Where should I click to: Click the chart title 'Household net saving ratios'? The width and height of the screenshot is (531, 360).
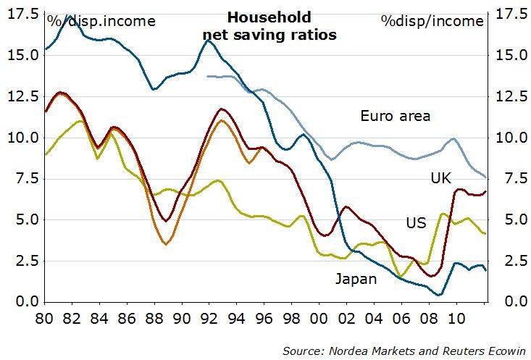pyautogui.click(x=269, y=26)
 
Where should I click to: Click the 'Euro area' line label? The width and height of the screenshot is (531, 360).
pyautogui.click(x=396, y=116)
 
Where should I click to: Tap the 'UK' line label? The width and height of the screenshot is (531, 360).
pyautogui.click(x=440, y=177)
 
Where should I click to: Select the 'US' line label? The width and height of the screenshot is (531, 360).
pyautogui.click(x=416, y=222)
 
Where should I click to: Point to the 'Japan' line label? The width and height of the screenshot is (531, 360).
pyautogui.click(x=355, y=279)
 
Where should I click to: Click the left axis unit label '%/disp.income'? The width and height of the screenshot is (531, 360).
pyautogui.click(x=101, y=20)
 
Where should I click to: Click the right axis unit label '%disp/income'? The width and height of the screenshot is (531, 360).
pyautogui.click(x=432, y=20)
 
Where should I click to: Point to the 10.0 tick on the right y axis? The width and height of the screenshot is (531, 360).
pyautogui.click(x=509, y=138)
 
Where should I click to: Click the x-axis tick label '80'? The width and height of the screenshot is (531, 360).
pyautogui.click(x=45, y=318)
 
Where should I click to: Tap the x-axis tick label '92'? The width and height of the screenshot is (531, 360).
pyautogui.click(x=208, y=318)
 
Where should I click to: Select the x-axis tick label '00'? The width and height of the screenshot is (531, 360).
pyautogui.click(x=317, y=318)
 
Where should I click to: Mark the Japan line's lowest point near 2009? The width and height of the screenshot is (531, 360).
pyautogui.click(x=440, y=295)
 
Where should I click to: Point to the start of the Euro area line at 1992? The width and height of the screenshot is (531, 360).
pyautogui.click(x=208, y=76)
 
